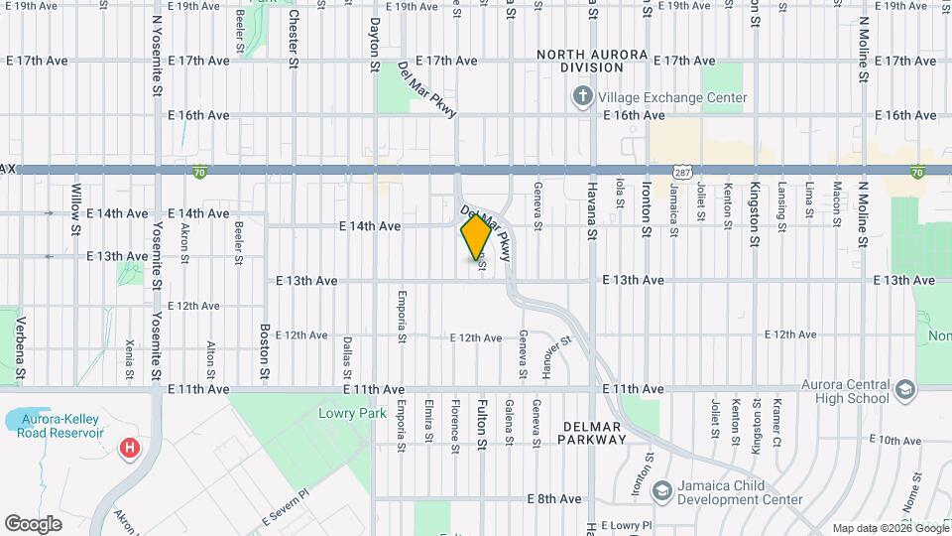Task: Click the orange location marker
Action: (476, 236)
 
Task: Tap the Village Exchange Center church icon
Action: (582, 97)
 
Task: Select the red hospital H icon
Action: (129, 450)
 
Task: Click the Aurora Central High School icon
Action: (904, 391)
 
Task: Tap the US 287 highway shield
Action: (681, 172)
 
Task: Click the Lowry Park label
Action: (343, 412)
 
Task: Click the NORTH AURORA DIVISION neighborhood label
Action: (592, 61)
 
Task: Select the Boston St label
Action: (265, 351)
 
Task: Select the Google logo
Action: (33, 523)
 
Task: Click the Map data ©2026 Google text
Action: (890, 528)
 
